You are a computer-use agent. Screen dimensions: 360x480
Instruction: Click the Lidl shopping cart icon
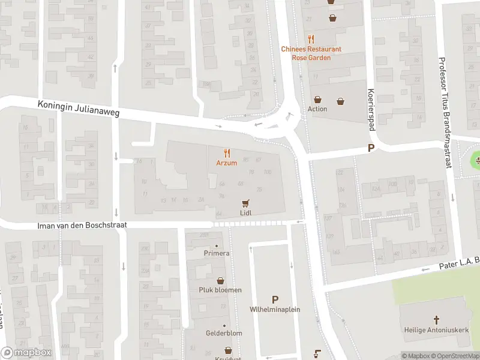tap(245, 203)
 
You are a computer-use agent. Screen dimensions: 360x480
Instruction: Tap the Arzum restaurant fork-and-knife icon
tap(227, 154)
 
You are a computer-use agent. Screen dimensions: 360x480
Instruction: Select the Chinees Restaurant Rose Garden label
tap(311, 53)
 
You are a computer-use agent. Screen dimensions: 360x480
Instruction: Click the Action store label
tap(317, 109)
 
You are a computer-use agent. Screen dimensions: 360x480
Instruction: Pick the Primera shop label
tap(216, 253)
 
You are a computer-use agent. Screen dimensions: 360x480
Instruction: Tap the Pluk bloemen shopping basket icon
tap(220, 280)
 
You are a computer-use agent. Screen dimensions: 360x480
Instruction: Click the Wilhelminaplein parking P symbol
tap(275, 299)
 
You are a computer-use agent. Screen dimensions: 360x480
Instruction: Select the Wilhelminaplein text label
tap(275, 310)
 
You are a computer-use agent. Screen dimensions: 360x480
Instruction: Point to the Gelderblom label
tap(224, 333)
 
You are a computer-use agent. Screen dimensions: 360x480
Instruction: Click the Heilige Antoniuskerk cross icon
tap(437, 320)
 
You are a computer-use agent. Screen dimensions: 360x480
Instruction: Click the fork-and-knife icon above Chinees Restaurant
tap(311, 38)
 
